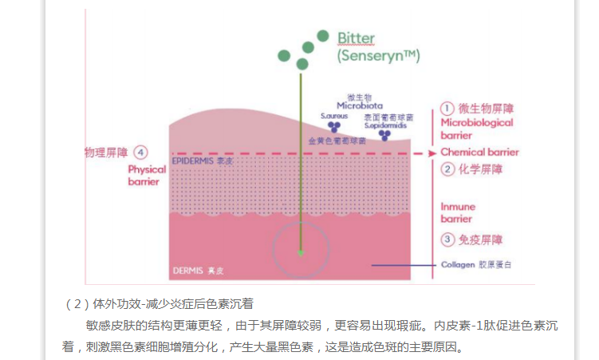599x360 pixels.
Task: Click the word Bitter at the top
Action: click(x=356, y=38)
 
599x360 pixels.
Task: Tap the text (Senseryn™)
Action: click(x=378, y=56)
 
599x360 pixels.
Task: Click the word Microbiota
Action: click(x=359, y=105)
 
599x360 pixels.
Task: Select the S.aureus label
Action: click(x=333, y=116)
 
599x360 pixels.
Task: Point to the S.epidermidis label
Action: click(x=384, y=125)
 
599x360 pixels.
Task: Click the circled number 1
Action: click(x=447, y=108)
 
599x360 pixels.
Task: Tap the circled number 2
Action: click(x=447, y=168)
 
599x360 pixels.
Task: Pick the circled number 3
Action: click(x=447, y=239)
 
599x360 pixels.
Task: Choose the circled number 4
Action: click(x=140, y=152)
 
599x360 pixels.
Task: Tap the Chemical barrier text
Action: click(x=479, y=152)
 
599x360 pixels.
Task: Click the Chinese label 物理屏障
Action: click(x=107, y=152)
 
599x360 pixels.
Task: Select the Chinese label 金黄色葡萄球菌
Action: click(x=337, y=140)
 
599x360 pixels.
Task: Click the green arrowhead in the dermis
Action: click(x=301, y=253)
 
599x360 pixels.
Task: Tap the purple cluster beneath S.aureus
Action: click(x=334, y=127)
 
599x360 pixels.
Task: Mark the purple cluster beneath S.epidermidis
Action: click(x=385, y=136)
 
